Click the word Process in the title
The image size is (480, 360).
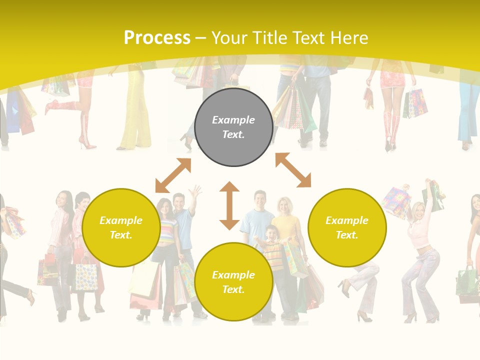coord(157,38)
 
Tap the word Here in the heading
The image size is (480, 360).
coord(348,38)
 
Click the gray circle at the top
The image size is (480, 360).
coord(233,127)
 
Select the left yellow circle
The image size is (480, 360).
coord(121,227)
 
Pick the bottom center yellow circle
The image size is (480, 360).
coord(233,281)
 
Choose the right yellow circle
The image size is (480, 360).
coord(347,227)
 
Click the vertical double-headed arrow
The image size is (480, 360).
coord(229,205)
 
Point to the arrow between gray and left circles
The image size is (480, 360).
coord(173,175)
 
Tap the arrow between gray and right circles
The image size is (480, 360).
coord(293,170)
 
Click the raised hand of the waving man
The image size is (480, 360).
coord(196,190)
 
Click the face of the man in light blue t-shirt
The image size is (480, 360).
coord(258,199)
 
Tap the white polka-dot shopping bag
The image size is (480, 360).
coord(86,276)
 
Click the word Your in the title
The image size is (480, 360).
coord(230,38)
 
